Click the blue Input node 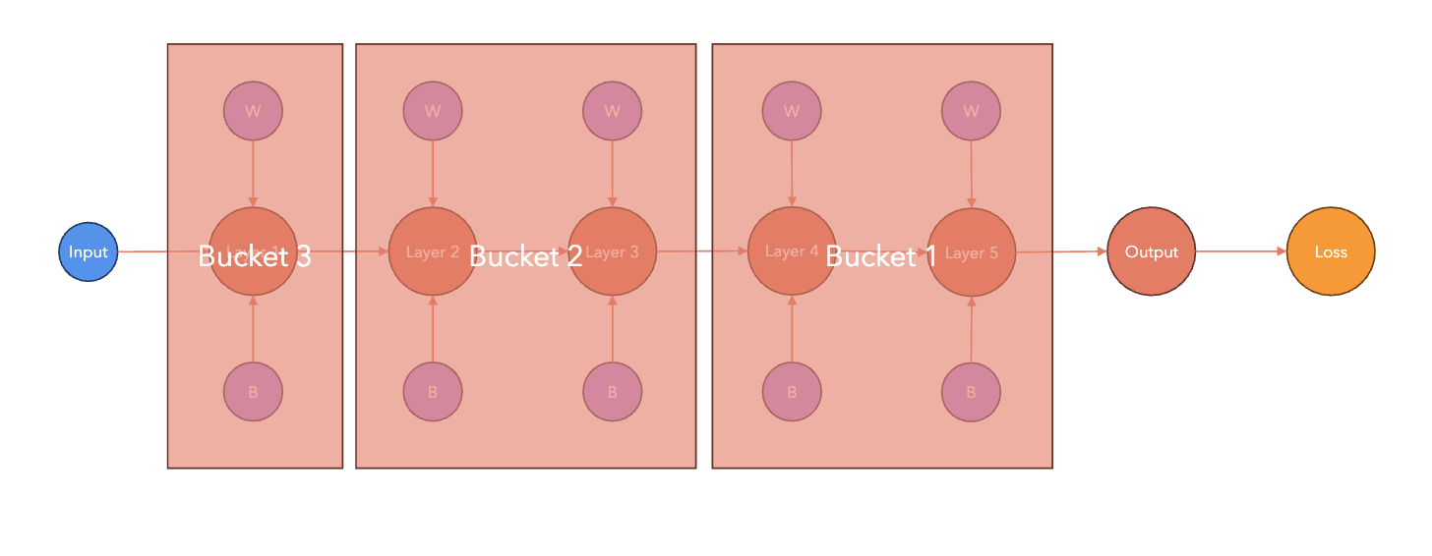[88, 252]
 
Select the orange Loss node [1331, 252]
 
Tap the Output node [1151, 252]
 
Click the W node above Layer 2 [433, 110]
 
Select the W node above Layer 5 [972, 110]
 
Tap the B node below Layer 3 [612, 392]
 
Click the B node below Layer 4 [792, 392]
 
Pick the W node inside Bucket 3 [253, 110]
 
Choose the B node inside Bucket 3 [253, 392]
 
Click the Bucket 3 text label [254, 256]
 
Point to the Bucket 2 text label [525, 256]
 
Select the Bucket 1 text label [880, 256]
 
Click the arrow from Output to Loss [1241, 251]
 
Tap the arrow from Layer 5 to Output [1061, 251]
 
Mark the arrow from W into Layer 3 [612, 174]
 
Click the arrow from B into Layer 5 [972, 330]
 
